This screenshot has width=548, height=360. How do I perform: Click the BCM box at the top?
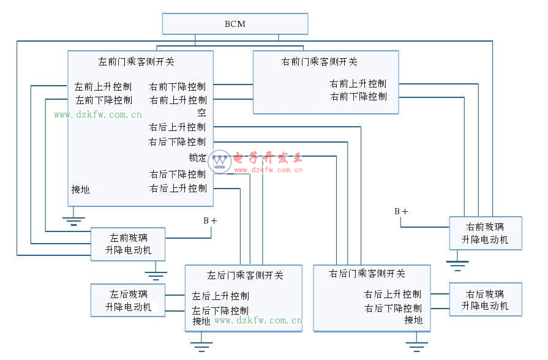[x=235, y=24]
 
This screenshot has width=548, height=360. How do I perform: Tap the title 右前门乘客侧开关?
[x=319, y=62]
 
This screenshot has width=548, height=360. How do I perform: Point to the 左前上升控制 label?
[x=103, y=86]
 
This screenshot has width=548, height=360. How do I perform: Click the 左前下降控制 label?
[x=103, y=100]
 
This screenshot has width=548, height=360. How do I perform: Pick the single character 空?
[x=201, y=113]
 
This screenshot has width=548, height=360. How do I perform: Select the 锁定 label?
[x=197, y=157]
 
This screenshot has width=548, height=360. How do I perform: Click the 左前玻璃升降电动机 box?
[x=128, y=244]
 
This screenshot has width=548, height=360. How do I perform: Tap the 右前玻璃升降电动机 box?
[x=485, y=233]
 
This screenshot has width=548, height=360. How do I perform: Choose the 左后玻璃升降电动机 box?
[x=128, y=300]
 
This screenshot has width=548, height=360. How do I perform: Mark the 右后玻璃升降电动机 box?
[x=485, y=299]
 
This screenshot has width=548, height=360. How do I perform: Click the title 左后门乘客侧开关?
[x=245, y=275]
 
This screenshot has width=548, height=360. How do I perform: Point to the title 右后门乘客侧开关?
[x=367, y=274]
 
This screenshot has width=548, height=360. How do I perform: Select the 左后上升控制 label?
[x=220, y=296]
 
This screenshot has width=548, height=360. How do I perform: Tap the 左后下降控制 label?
[x=220, y=310]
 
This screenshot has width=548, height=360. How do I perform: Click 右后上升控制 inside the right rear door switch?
[x=392, y=294]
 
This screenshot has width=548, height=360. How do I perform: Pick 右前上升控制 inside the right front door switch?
[x=358, y=83]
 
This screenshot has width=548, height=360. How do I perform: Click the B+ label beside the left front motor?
[x=210, y=220]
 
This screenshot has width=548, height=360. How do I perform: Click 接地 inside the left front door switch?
[x=80, y=190]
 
